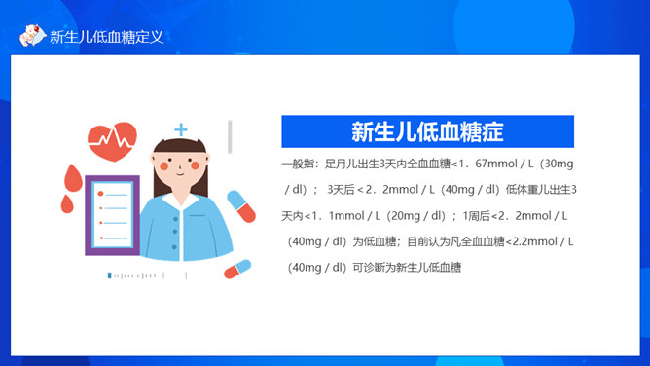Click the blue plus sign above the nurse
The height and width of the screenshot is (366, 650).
point(181,128)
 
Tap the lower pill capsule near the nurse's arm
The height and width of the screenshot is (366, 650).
point(236,269)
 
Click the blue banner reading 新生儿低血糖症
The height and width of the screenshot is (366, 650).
point(427,131)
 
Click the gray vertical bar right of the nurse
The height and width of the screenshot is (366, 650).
point(231,136)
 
